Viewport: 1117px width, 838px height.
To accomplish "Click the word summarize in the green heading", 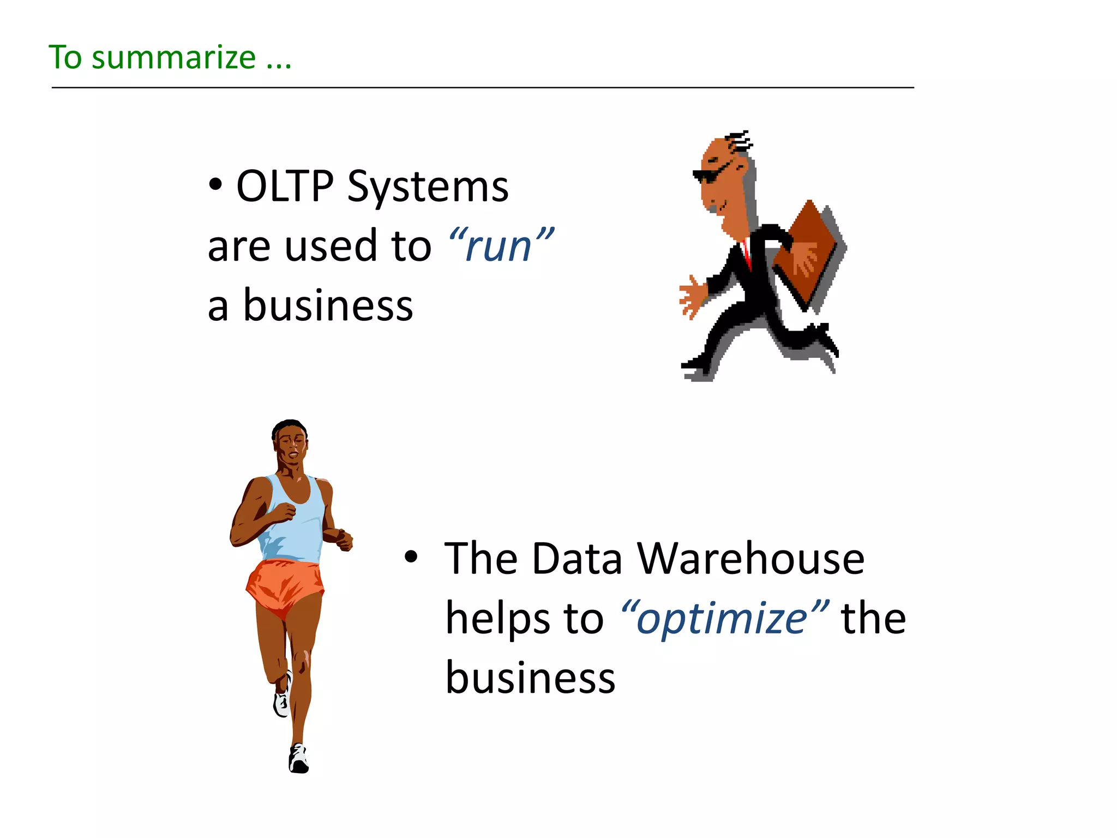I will click(x=173, y=58).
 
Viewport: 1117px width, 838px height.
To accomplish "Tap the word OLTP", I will click(x=285, y=187).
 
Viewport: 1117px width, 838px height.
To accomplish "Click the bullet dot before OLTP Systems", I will click(x=215, y=184).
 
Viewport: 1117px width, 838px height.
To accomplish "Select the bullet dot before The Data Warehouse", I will click(x=411, y=557).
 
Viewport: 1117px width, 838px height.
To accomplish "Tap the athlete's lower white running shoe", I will click(x=298, y=759).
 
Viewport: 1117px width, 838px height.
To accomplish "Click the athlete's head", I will click(x=290, y=442).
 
